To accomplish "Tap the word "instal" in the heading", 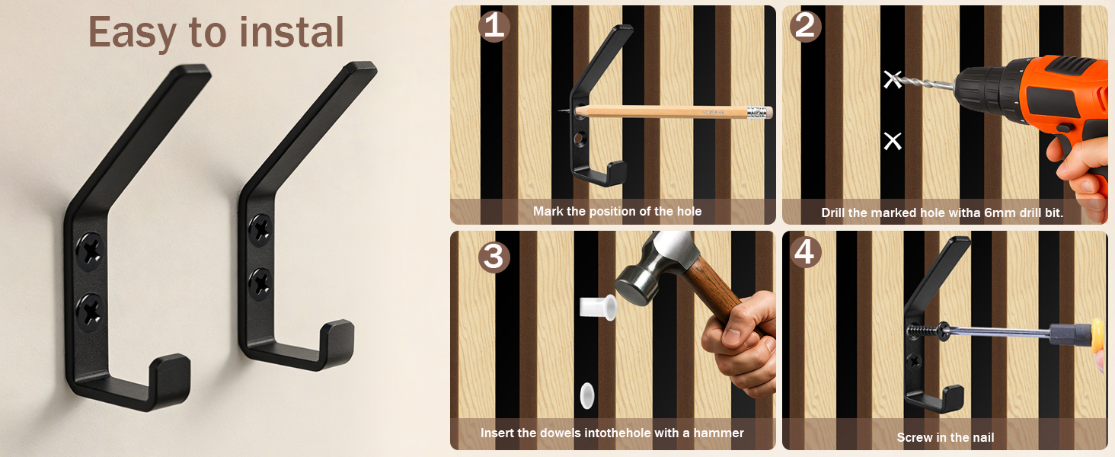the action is click(292, 32).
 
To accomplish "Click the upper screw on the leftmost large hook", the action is click(91, 251).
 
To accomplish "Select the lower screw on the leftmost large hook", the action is click(90, 312).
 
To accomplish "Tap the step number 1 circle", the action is click(494, 26).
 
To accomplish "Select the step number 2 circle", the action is click(805, 26).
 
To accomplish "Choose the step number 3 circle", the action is click(494, 257).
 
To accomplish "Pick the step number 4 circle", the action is click(804, 252).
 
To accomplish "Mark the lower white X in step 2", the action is click(893, 142).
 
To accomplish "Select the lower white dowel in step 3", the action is click(587, 396).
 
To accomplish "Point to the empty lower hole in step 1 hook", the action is click(579, 138).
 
